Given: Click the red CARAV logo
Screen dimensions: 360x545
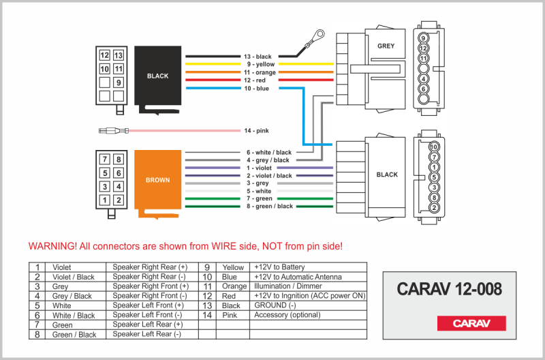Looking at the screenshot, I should (471, 322).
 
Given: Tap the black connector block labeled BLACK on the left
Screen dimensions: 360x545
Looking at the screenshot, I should (157, 76).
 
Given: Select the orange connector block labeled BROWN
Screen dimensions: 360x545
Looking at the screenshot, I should (157, 181).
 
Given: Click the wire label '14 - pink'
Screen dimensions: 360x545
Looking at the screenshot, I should (258, 130).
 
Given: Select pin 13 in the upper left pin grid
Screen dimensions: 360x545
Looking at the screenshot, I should (119, 55).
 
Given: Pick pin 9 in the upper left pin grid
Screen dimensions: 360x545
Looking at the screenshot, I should (119, 82).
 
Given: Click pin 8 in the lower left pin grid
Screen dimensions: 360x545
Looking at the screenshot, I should (119, 160).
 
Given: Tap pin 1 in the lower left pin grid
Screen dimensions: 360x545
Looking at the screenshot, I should (104, 200).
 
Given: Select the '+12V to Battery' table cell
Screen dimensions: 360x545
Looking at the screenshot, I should (279, 267).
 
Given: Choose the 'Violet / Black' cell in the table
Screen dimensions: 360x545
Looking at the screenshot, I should (74, 277).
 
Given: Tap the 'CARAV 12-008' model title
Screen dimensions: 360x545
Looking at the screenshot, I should (449, 289).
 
